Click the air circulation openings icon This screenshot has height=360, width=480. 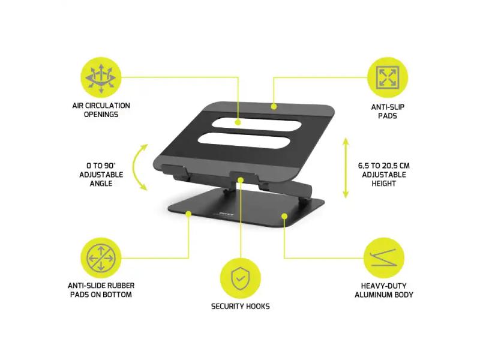pos(101,77)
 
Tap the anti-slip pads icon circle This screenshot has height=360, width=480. pos(388,77)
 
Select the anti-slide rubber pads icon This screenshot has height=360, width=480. pos(101,258)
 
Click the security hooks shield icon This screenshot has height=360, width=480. pos(241,278)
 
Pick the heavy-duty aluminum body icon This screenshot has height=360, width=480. pos(384,258)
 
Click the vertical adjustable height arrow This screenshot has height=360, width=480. pos(346,168)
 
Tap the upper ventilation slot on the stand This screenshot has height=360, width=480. pos(257,124)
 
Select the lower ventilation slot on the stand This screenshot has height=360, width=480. pos(244,141)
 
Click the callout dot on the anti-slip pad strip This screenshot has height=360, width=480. pos(274,107)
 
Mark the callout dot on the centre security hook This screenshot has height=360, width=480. pos(241,179)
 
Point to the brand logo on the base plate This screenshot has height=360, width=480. pos(227,215)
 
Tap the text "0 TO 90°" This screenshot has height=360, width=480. pos(101,166)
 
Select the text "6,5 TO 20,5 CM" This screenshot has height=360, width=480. pos(383,166)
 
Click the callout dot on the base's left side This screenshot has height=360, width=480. pos(188,214)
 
